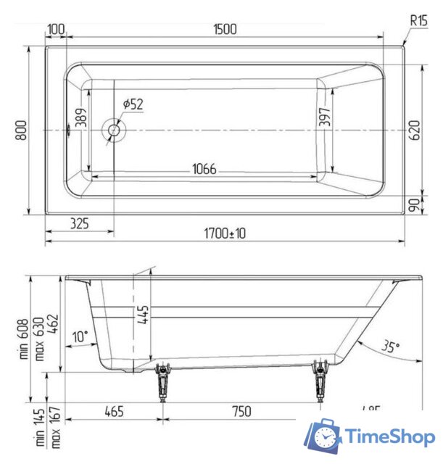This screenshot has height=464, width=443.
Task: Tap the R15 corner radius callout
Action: click(x=418, y=21)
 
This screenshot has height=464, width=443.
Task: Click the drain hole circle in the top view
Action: click(x=115, y=130)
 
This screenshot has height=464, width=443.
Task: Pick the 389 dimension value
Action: click(x=81, y=119)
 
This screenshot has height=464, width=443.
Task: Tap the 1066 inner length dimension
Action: click(x=204, y=169)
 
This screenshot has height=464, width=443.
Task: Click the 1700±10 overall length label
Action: click(x=224, y=233)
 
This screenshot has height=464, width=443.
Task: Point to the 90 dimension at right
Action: click(x=415, y=205)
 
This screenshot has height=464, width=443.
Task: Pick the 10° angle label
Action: click(x=80, y=336)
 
